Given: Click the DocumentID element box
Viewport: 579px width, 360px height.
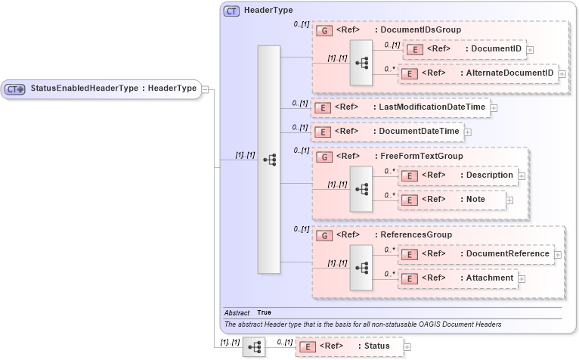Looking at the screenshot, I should click(465, 49).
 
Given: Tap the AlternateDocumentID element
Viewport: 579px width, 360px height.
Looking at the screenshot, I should click(477, 74).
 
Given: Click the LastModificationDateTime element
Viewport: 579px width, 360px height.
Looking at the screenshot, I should click(401, 107).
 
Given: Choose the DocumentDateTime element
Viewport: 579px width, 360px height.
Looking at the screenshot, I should click(386, 132).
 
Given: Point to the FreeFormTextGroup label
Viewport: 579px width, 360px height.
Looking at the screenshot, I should click(421, 157).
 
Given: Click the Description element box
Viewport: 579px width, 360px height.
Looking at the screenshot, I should click(458, 175).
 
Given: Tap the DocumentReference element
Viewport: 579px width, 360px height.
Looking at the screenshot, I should click(475, 254).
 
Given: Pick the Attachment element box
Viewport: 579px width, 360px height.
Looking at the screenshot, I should click(458, 278).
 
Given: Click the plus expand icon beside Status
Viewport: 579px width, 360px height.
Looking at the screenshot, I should click(407, 347).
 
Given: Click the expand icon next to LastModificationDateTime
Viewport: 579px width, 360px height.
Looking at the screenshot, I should click(494, 108).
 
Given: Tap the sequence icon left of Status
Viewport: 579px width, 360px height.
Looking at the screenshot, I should click(254, 346).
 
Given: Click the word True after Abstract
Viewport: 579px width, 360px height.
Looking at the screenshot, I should click(264, 312).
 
